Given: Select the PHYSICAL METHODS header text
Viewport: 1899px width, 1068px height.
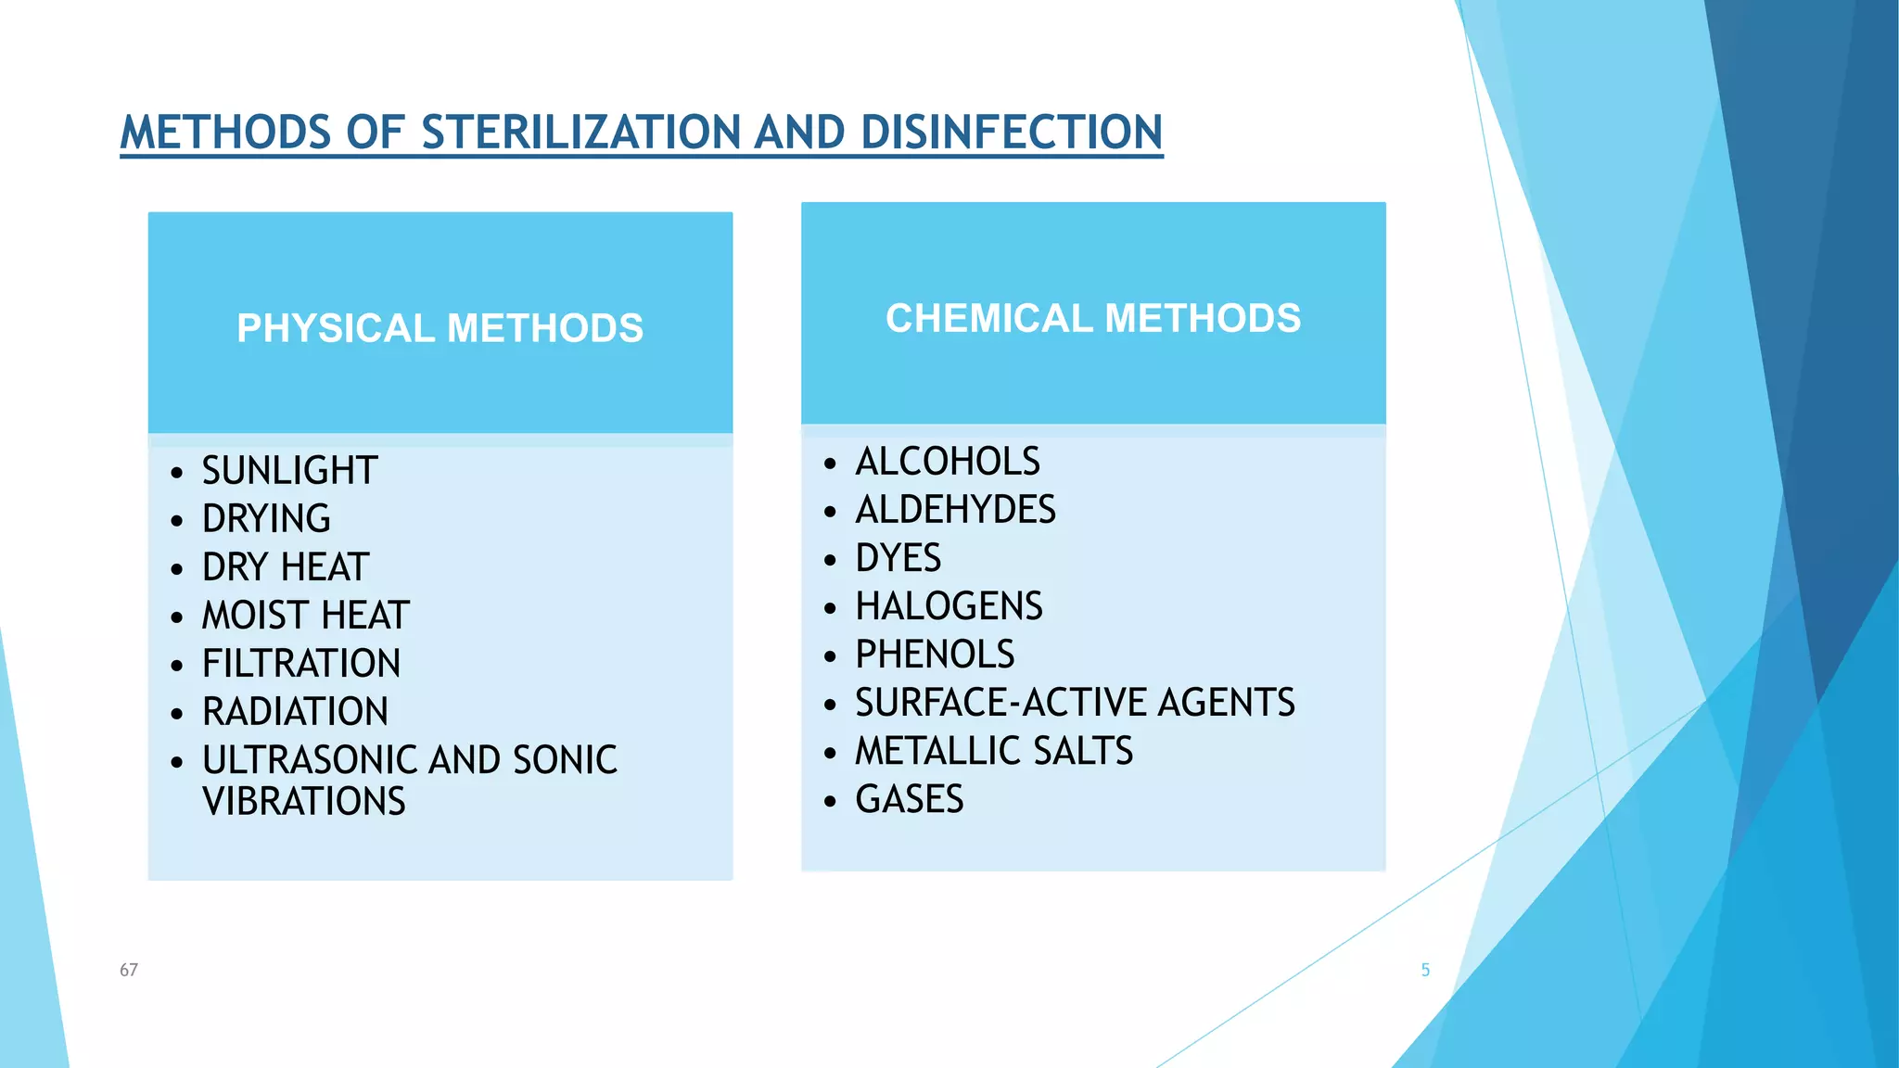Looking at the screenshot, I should [440, 328].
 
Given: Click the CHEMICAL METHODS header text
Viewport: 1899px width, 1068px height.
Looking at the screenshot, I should [1093, 318].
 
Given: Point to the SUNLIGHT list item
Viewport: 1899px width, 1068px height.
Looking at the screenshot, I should [289, 470].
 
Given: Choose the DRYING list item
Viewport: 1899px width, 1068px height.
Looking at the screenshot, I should [266, 518].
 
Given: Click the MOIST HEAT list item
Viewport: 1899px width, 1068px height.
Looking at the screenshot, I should [305, 615].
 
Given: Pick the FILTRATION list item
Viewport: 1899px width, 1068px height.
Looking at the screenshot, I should [301, 663].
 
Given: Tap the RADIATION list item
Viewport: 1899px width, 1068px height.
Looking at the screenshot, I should [295, 711].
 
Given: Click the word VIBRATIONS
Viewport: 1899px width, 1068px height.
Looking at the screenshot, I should [304, 801].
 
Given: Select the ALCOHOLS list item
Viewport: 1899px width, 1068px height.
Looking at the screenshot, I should [947, 461].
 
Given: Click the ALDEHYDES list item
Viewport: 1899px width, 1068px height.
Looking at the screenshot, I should [955, 509].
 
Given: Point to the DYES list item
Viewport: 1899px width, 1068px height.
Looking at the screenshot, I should [898, 557].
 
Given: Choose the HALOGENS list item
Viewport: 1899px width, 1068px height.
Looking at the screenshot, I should [949, 605].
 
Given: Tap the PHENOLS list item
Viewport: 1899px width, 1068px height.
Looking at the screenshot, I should [935, 654].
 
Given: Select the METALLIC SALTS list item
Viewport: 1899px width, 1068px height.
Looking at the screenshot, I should [994, 750].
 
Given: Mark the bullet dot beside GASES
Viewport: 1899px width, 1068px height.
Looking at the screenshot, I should [830, 800].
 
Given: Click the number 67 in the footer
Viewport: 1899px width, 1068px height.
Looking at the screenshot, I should [129, 970].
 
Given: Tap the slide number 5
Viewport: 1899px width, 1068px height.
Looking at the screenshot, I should [1425, 970].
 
